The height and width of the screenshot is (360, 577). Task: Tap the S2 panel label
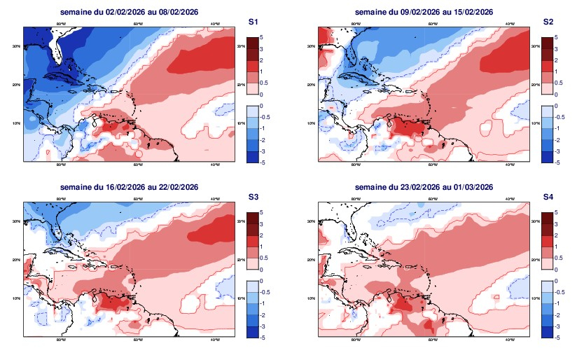(548, 22)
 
